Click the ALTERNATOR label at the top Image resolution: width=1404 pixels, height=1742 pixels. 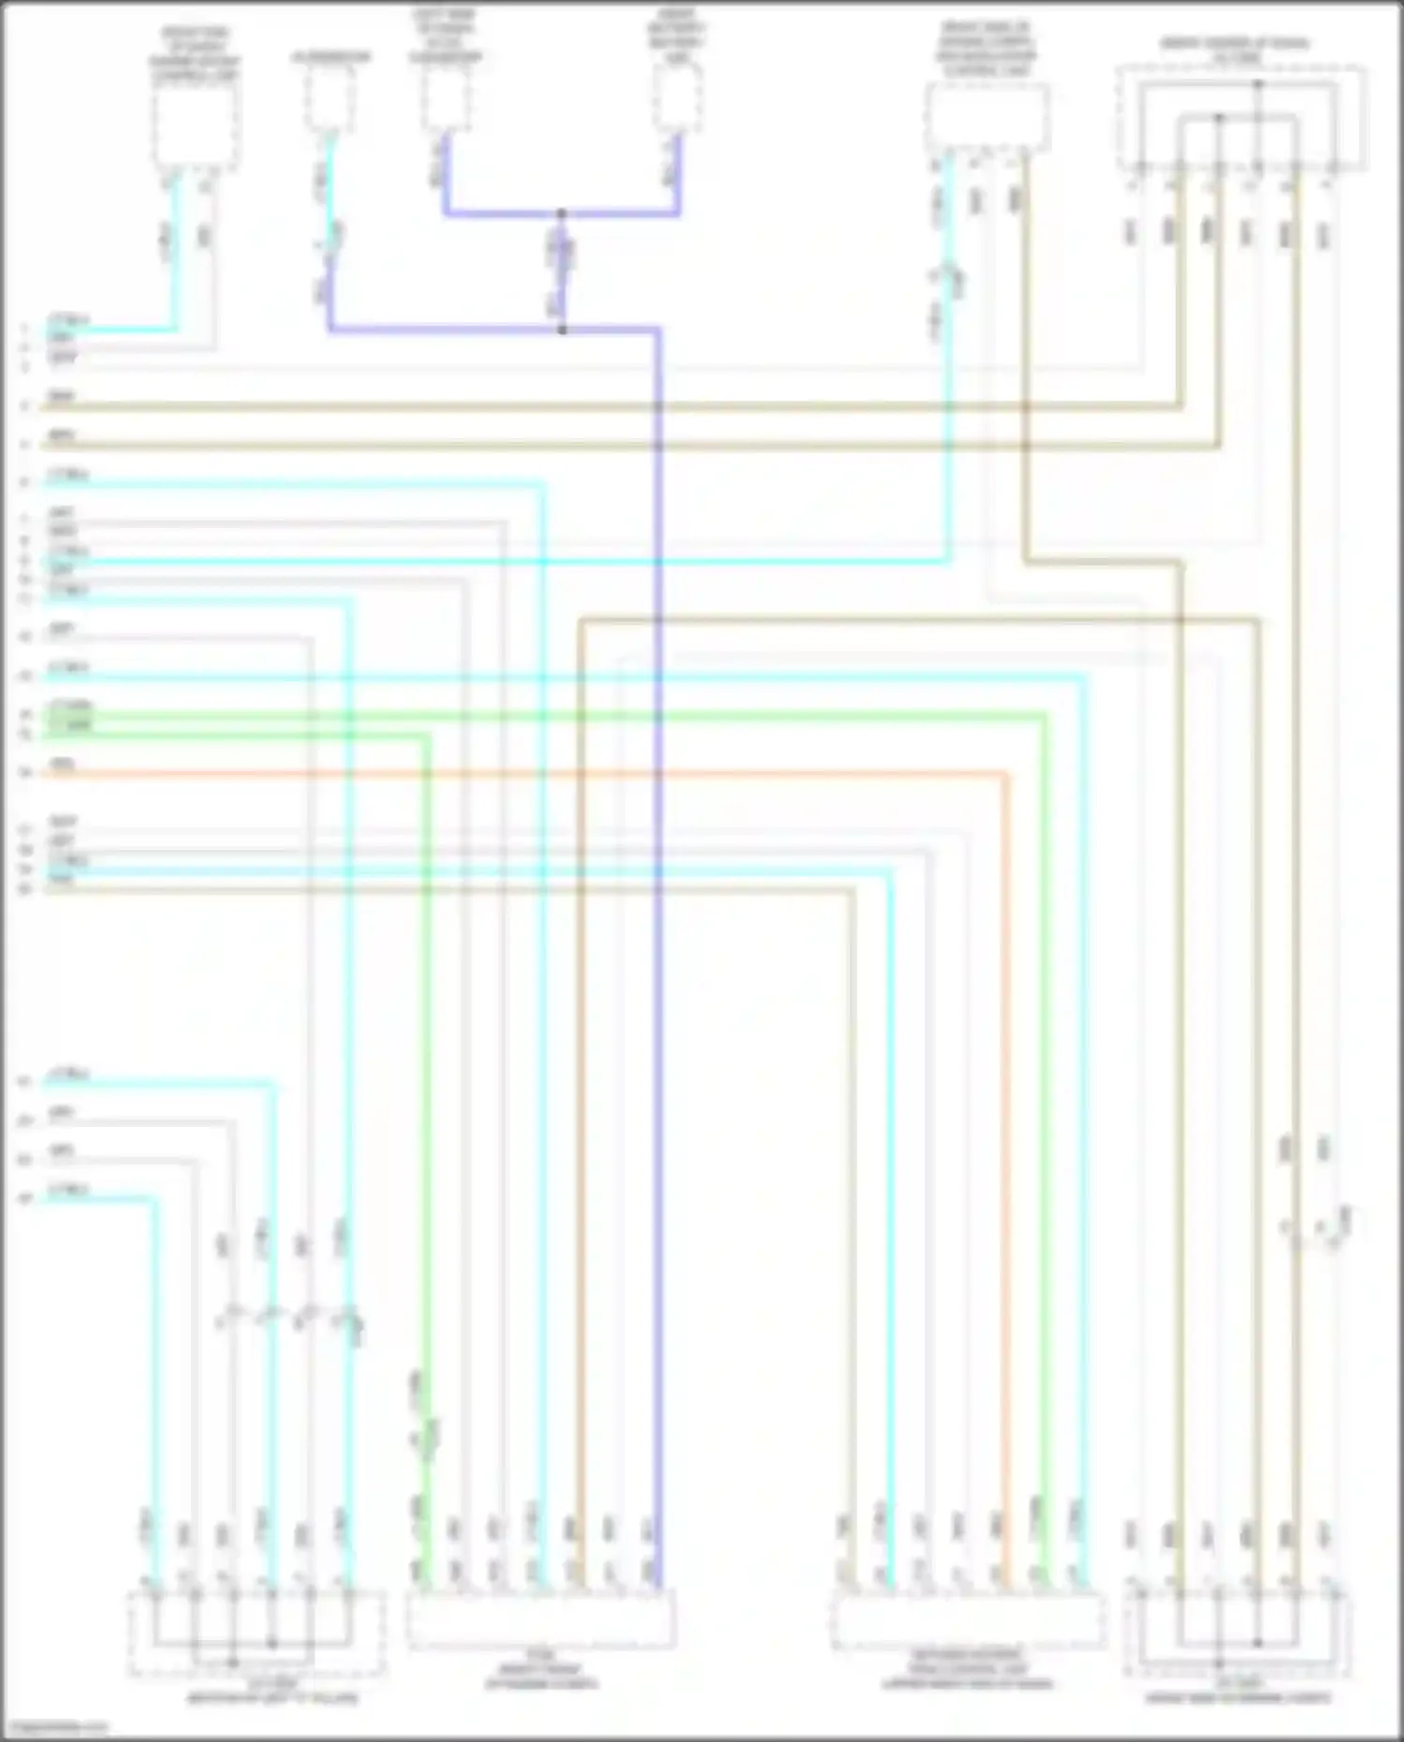point(330,57)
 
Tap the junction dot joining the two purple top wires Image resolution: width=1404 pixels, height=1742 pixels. point(562,214)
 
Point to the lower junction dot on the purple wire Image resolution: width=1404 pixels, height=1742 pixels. point(562,329)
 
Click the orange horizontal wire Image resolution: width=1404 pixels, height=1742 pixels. point(524,774)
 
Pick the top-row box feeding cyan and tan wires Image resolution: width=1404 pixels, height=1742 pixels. point(987,116)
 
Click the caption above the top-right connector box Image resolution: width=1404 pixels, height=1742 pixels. point(1235,50)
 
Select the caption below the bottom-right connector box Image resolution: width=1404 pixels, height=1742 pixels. point(1237,1694)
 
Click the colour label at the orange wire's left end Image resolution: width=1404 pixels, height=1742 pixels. point(62,765)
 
